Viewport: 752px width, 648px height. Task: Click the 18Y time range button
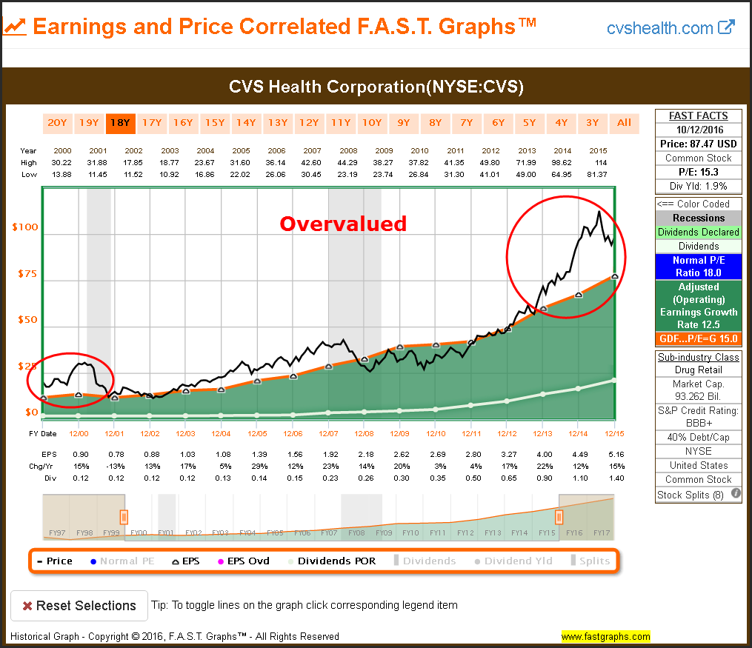(x=119, y=123)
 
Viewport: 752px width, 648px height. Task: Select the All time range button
(x=625, y=123)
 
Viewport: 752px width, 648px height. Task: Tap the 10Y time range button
(x=371, y=123)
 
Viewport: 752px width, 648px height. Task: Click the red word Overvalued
(x=343, y=223)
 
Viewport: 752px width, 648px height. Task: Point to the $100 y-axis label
(x=25, y=227)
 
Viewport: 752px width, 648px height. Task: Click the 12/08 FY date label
(x=364, y=433)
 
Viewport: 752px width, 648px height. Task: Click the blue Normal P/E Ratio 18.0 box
(x=699, y=266)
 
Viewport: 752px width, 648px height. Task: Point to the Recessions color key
(x=699, y=218)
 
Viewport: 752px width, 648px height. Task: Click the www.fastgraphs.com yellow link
(x=605, y=636)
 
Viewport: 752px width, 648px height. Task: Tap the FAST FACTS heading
(x=699, y=116)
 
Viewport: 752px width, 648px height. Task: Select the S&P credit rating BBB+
(x=699, y=424)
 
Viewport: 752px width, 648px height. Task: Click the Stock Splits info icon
(x=736, y=494)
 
